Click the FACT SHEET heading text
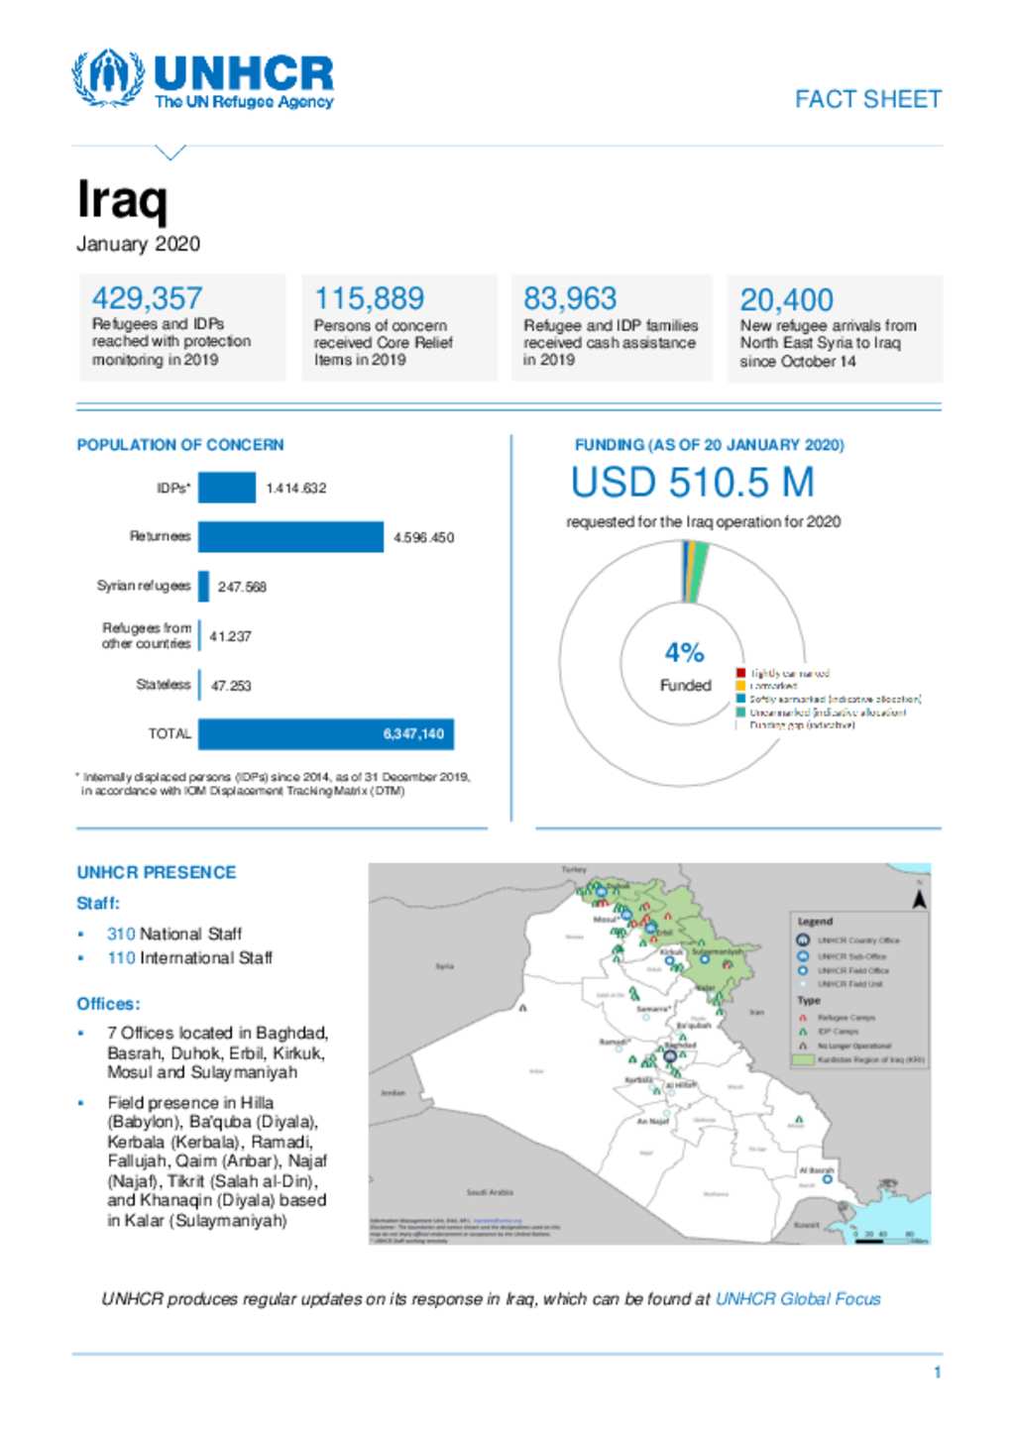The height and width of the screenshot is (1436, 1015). (x=867, y=99)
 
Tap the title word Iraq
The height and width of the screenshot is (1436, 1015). (x=122, y=199)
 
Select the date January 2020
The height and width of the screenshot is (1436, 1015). (x=139, y=244)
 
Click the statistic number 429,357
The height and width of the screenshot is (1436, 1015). (x=147, y=297)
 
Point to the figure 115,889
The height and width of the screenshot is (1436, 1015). (x=369, y=297)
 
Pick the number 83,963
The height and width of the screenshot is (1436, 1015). (x=570, y=297)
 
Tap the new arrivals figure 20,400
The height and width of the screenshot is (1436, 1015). (x=786, y=299)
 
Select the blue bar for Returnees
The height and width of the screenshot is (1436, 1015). (x=290, y=536)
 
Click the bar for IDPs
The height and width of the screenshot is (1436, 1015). (x=226, y=488)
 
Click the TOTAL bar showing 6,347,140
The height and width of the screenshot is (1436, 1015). (x=325, y=733)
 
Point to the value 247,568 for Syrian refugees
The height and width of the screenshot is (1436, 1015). (x=242, y=587)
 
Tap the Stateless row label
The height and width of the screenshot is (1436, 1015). (x=163, y=684)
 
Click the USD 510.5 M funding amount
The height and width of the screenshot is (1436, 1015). (x=692, y=483)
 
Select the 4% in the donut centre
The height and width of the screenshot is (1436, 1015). (x=684, y=652)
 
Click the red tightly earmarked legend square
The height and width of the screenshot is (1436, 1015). (x=740, y=673)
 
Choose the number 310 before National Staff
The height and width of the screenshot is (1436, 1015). (x=121, y=934)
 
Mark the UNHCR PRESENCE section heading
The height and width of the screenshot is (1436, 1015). (x=157, y=872)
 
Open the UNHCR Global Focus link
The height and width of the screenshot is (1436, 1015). (x=797, y=1298)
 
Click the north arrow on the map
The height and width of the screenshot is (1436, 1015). (x=919, y=899)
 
